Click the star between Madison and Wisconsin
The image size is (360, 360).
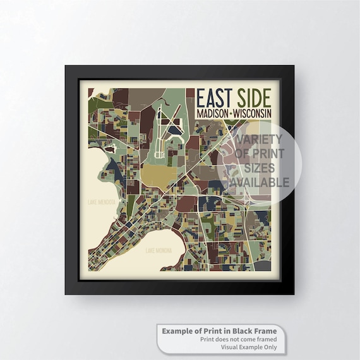pos(232,112)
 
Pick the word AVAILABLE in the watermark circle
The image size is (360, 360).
pos(262,183)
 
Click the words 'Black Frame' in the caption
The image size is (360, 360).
pos(255,331)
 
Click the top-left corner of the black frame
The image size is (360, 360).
pos(66,66)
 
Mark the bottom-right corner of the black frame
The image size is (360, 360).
pos(294,294)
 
